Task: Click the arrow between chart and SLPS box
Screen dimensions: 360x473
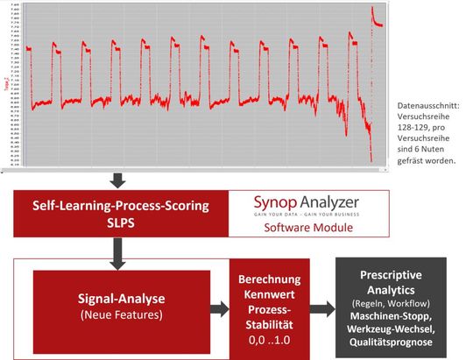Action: coord(118,180)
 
